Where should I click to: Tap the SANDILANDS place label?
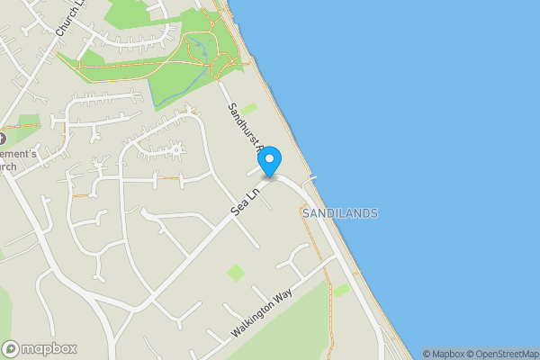340,213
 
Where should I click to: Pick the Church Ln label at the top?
69,18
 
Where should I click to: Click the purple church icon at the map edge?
3,139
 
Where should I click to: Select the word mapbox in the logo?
50,348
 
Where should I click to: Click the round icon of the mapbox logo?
12,348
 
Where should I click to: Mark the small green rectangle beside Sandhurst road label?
247,110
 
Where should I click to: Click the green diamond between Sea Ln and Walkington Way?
235,272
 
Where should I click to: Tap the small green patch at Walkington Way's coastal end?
341,290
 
